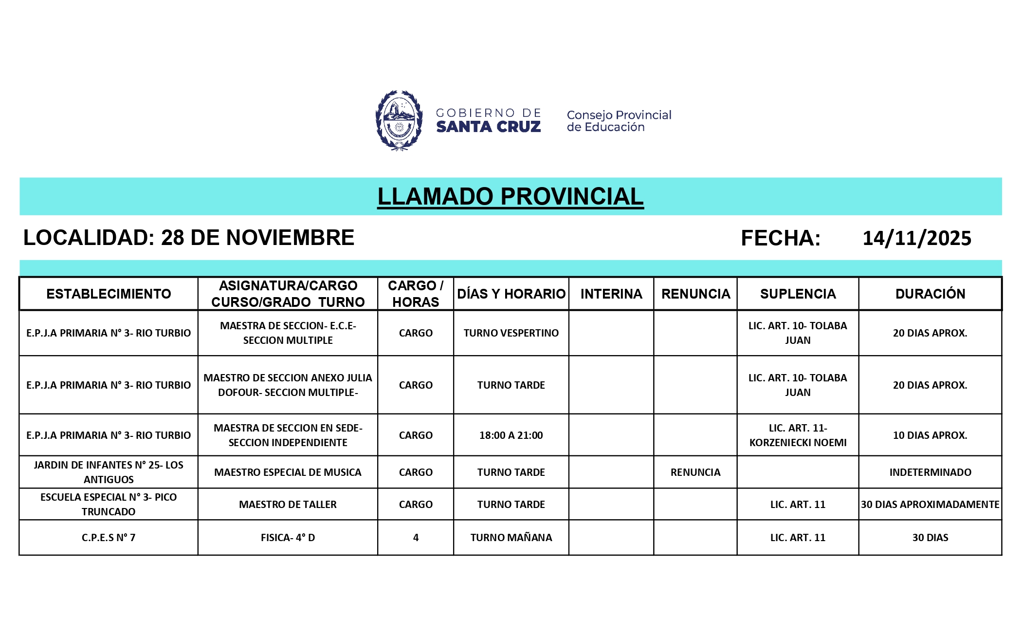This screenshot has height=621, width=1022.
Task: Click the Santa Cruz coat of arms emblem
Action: [x=399, y=120]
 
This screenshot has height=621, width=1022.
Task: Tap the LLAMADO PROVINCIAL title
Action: [x=510, y=196]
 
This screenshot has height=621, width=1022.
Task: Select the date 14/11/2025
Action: [x=916, y=238]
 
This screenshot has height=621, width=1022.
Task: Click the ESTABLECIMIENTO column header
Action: [x=109, y=294]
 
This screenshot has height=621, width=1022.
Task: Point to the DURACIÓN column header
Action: [x=930, y=294]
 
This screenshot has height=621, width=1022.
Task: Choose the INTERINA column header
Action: [x=611, y=294]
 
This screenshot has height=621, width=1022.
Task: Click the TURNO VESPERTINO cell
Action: [x=511, y=333]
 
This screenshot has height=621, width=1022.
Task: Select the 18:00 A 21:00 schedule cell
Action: [x=511, y=435]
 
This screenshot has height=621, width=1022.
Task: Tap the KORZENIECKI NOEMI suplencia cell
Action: [x=798, y=435]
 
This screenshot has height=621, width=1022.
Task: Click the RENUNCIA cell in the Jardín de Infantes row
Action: [x=695, y=472]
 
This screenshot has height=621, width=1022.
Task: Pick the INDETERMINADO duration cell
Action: [x=930, y=472]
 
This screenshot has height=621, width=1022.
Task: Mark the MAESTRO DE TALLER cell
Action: [x=288, y=505]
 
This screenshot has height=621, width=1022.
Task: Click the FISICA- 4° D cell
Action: [x=288, y=538]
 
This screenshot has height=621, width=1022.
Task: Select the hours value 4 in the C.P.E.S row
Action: [x=416, y=538]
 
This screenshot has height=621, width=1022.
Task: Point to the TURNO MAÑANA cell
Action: [x=511, y=538]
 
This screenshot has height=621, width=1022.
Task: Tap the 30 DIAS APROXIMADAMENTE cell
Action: [x=930, y=505]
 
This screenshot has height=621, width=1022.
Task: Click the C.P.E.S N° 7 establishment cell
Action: [x=109, y=538]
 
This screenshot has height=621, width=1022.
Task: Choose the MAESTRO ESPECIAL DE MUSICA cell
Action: [x=288, y=472]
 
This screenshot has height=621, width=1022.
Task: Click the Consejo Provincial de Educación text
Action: [x=619, y=121]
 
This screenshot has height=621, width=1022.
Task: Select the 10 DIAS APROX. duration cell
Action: [x=930, y=435]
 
